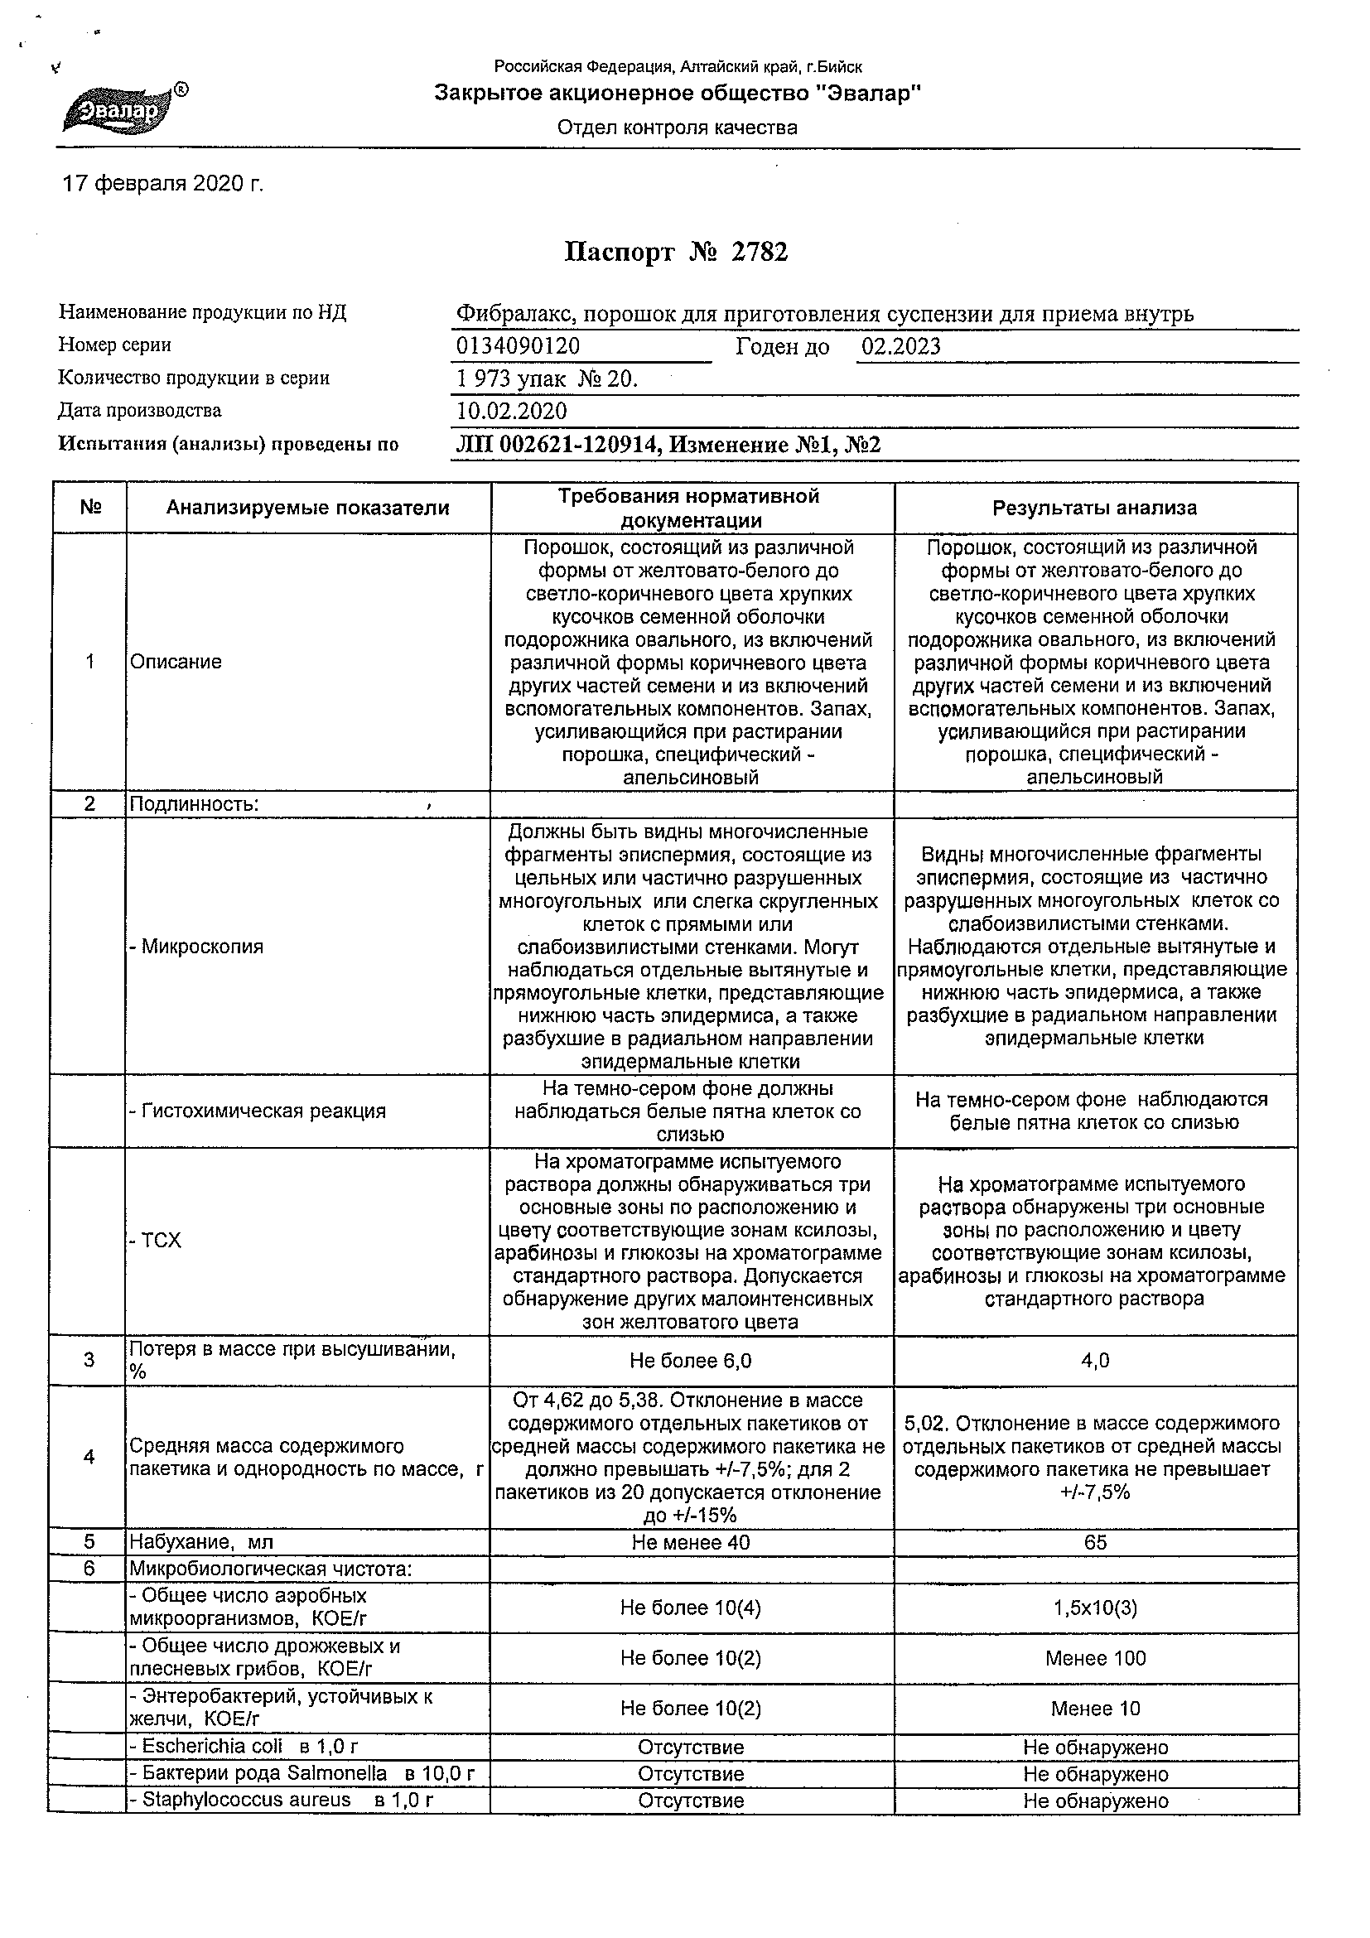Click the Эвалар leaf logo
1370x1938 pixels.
[120, 108]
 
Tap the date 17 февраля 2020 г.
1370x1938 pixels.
[163, 184]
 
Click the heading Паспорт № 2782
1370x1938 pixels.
[675, 253]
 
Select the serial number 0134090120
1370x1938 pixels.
[518, 347]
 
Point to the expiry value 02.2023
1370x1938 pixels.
[900, 347]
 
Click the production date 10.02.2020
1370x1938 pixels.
[512, 412]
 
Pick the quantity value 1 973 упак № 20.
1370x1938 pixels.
[546, 379]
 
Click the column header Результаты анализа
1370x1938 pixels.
[1094, 509]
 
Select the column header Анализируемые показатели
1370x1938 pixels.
[307, 509]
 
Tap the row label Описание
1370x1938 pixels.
[176, 662]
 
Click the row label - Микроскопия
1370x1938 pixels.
[195, 946]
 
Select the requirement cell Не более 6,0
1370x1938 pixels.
[691, 1361]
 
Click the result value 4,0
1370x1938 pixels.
[1095, 1361]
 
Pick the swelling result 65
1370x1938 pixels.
[1095, 1542]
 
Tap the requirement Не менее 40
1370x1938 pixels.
[691, 1542]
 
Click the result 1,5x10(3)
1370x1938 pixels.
[1095, 1608]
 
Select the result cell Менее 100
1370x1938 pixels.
[1095, 1659]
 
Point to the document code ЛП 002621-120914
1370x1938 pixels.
[557, 445]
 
